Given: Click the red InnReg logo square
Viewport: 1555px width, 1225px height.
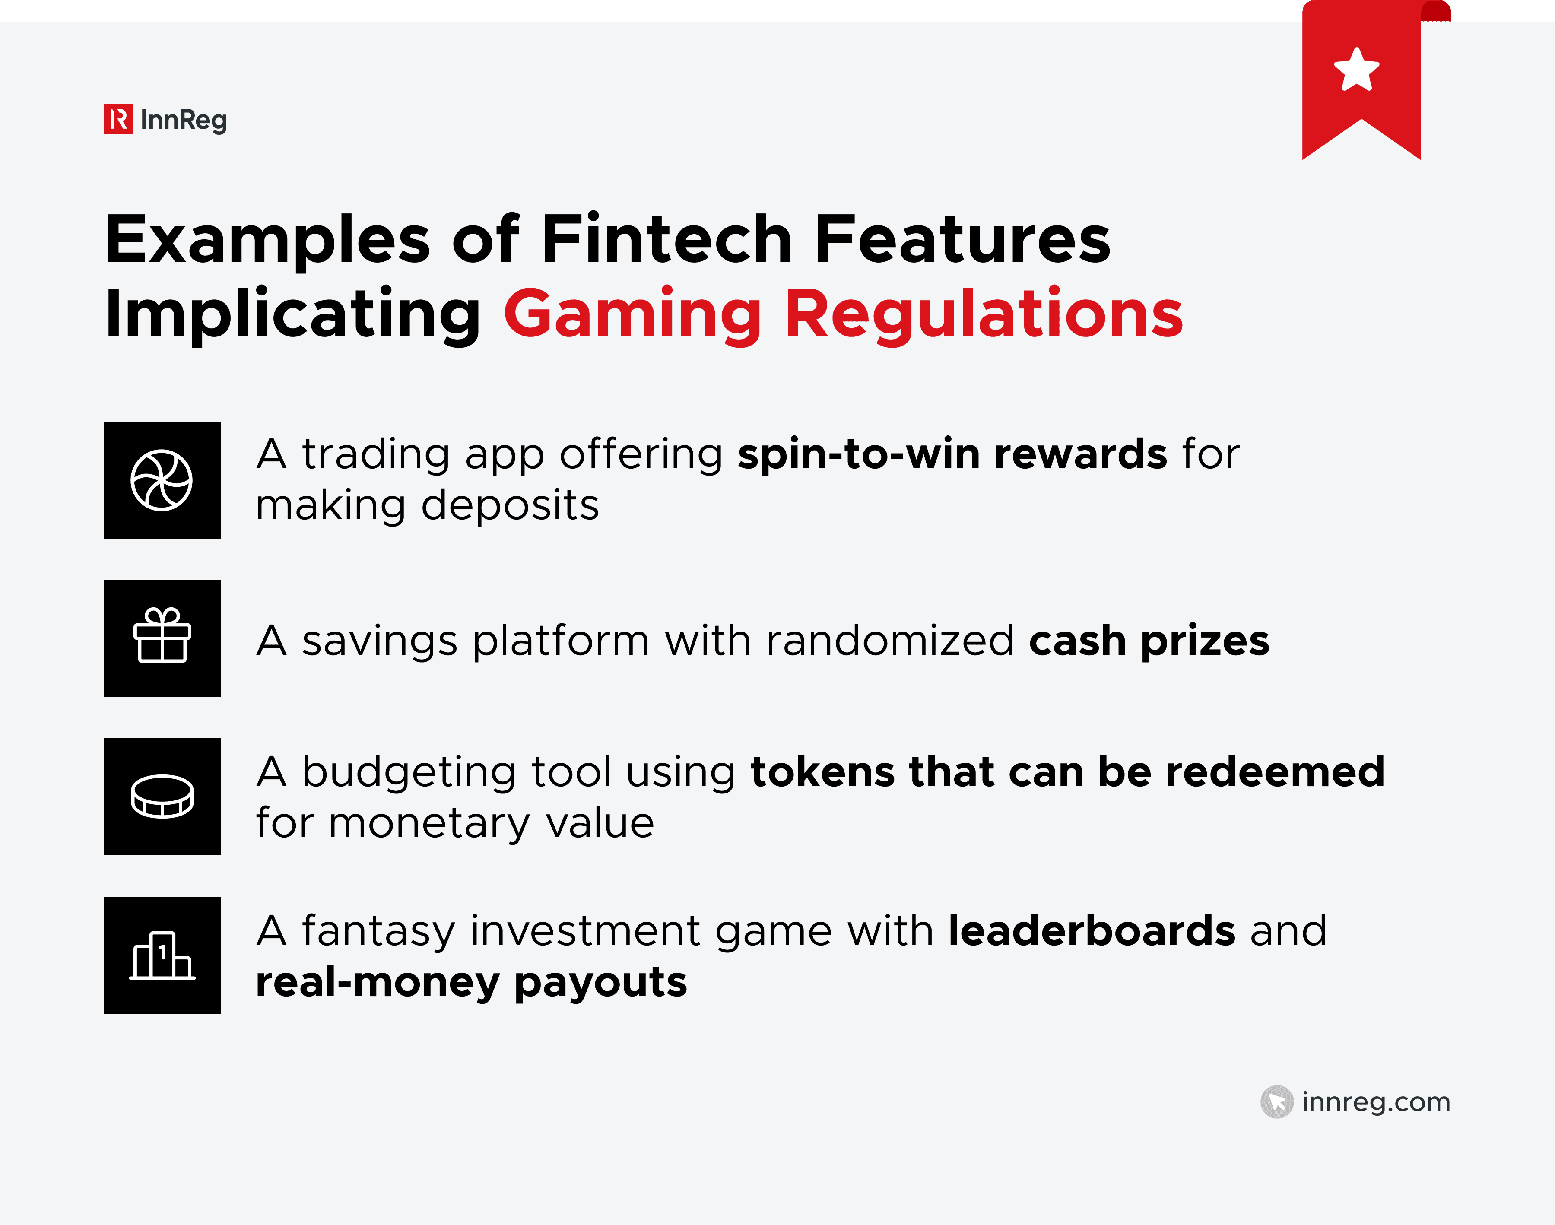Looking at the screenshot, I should (117, 119).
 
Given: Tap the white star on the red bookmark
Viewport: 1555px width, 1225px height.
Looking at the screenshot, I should (1356, 70).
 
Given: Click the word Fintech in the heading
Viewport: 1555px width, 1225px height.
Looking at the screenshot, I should (666, 240).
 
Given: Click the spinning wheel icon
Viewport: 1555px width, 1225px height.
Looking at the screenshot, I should (162, 480).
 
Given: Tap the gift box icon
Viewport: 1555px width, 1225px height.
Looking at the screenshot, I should (162, 636).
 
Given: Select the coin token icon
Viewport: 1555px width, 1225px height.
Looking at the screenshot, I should (162, 796).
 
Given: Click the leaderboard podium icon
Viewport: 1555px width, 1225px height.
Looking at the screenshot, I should (162, 955).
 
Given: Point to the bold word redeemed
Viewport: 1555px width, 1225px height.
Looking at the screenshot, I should (1275, 772).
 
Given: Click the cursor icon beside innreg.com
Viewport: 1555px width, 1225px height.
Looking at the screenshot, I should (1277, 1101).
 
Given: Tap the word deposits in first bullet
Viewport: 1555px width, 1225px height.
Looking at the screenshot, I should (510, 506).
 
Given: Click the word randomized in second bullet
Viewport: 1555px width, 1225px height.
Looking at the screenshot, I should (889, 641).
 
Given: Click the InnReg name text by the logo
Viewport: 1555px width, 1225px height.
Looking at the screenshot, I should (184, 120).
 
